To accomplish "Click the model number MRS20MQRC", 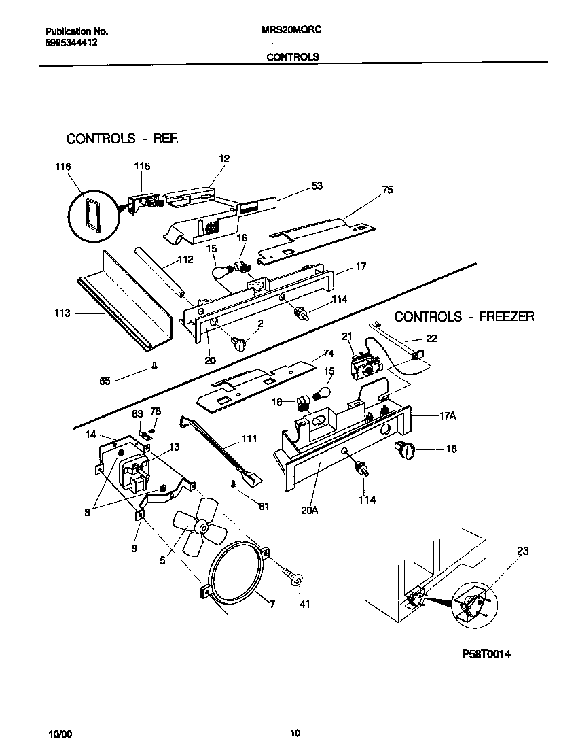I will click(x=291, y=31).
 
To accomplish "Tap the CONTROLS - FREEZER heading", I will click(x=464, y=316).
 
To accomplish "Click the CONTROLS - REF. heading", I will click(x=122, y=139).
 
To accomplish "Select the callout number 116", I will click(x=62, y=166).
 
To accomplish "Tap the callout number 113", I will click(x=62, y=313).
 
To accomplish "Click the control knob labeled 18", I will click(x=405, y=448).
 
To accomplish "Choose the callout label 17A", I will click(x=428, y=417).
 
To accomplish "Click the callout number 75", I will click(x=387, y=190).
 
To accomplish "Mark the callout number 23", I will click(x=522, y=551).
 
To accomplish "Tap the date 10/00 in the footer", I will click(x=59, y=734).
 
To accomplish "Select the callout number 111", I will click(x=249, y=439).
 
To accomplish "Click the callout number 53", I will click(x=317, y=186).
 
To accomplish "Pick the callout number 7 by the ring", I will click(x=272, y=604).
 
